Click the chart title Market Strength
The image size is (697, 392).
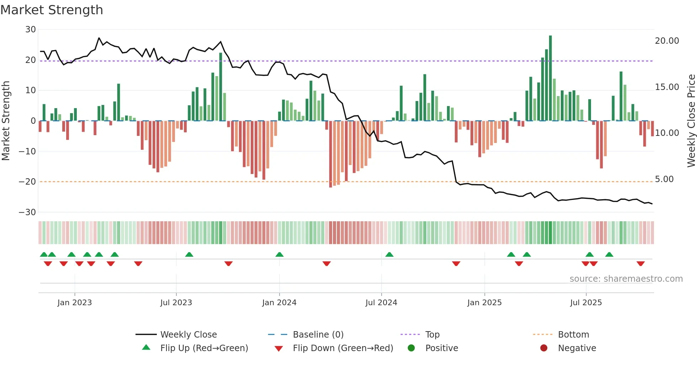click(x=52, y=10)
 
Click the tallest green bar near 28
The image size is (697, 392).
click(x=550, y=78)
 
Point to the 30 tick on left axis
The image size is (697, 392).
click(x=31, y=30)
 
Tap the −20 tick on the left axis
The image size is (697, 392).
click(x=27, y=182)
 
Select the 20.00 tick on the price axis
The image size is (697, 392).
click(x=667, y=41)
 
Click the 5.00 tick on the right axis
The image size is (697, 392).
click(x=664, y=179)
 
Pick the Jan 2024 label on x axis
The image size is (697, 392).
click(x=279, y=303)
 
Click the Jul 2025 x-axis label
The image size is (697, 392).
click(x=586, y=303)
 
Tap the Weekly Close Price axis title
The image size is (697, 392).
click(x=691, y=121)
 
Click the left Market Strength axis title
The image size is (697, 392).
click(x=6, y=121)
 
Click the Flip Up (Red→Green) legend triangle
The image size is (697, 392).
click(x=146, y=348)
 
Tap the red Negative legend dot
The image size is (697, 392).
click(x=543, y=348)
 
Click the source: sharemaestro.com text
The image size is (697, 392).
click(x=626, y=279)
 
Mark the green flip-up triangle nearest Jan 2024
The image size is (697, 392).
click(x=280, y=254)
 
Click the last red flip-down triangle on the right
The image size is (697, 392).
click(x=640, y=264)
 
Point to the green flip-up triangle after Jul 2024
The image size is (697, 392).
click(x=389, y=254)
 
